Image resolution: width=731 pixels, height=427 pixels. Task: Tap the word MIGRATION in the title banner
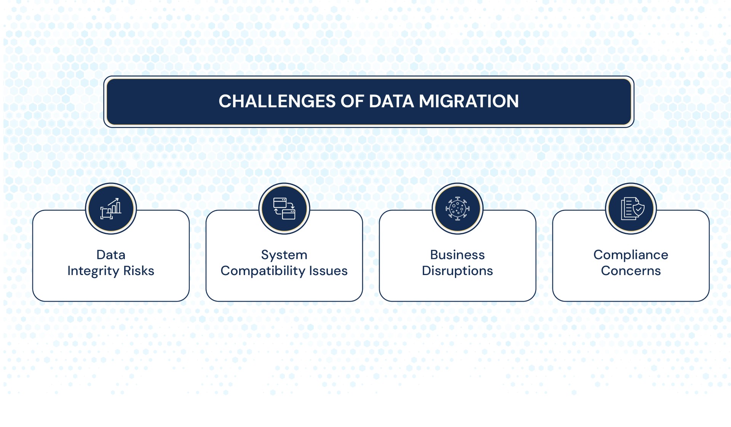click(x=469, y=101)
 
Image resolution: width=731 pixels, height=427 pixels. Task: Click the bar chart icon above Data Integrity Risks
click(x=111, y=209)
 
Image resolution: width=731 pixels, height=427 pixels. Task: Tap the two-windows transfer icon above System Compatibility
click(x=284, y=209)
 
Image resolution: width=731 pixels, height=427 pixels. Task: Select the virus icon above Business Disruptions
click(x=457, y=209)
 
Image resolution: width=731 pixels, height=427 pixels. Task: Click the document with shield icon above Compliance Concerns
click(x=631, y=209)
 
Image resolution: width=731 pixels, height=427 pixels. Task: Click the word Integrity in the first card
click(x=93, y=271)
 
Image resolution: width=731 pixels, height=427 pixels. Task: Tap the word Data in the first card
click(x=111, y=254)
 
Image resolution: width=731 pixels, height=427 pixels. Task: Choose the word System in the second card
click(x=284, y=254)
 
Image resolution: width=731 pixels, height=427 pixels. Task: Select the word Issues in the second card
click(x=328, y=271)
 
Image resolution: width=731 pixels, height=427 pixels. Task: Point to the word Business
click(x=457, y=254)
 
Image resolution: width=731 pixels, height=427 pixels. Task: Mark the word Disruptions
click(x=457, y=271)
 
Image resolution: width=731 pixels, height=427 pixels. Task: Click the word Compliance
click(x=631, y=254)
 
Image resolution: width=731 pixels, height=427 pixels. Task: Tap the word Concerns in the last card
click(x=631, y=271)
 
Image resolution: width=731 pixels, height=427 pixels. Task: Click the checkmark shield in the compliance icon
click(x=638, y=209)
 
